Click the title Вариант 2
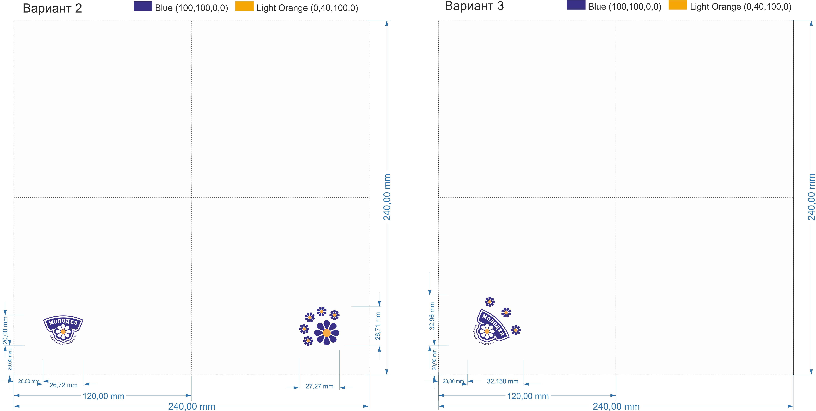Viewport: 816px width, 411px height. click(52, 8)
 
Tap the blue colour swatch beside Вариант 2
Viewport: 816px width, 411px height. click(143, 6)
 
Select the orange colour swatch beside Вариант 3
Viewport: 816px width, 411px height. click(678, 5)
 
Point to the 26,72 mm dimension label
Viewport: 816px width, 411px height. click(63, 385)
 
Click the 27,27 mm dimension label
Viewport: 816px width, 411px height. click(319, 386)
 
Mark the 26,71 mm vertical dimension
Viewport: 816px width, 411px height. click(378, 326)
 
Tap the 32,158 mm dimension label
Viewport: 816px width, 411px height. click(502, 381)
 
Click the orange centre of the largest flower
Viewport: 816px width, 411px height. click(327, 333)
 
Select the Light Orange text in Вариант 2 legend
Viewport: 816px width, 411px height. click(307, 8)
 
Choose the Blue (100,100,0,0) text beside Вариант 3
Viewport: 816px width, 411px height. click(624, 7)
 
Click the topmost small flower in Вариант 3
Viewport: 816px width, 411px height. click(489, 302)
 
